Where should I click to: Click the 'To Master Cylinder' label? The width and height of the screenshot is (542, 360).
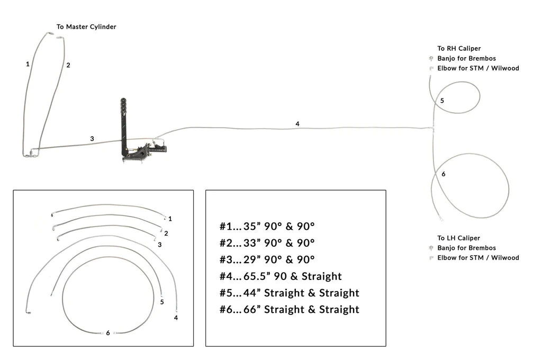pyautogui.click(x=86, y=26)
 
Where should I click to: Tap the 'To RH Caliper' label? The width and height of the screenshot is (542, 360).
pyautogui.click(x=459, y=48)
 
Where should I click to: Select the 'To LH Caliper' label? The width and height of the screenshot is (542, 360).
pyautogui.click(x=458, y=238)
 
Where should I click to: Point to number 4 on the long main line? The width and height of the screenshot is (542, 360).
pyautogui.click(x=297, y=124)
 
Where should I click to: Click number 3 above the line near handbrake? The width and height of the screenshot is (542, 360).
pyautogui.click(x=92, y=139)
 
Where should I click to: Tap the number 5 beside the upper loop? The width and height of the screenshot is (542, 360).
pyautogui.click(x=442, y=100)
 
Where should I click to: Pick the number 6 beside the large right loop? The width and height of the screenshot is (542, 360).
pyautogui.click(x=443, y=174)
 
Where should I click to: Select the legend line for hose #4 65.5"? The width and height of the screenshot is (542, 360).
pyautogui.click(x=281, y=276)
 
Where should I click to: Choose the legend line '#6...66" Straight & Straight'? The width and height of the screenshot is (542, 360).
pyautogui.click(x=290, y=309)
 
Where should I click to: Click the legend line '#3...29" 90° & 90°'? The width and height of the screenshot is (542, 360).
pyautogui.click(x=267, y=259)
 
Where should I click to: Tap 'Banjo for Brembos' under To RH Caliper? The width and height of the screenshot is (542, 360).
pyautogui.click(x=466, y=58)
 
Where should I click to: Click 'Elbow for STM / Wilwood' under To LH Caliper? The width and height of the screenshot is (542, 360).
pyautogui.click(x=478, y=258)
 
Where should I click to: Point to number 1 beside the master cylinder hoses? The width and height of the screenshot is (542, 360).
pyautogui.click(x=28, y=64)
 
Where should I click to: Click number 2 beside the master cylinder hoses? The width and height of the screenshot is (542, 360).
pyautogui.click(x=68, y=65)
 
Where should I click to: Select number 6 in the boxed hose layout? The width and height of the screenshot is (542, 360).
pyautogui.click(x=108, y=333)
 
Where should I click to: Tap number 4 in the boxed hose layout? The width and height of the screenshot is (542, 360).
pyautogui.click(x=176, y=318)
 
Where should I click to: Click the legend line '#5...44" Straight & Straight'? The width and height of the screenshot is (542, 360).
pyautogui.click(x=290, y=293)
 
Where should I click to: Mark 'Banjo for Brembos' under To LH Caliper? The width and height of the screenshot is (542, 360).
pyautogui.click(x=466, y=248)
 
